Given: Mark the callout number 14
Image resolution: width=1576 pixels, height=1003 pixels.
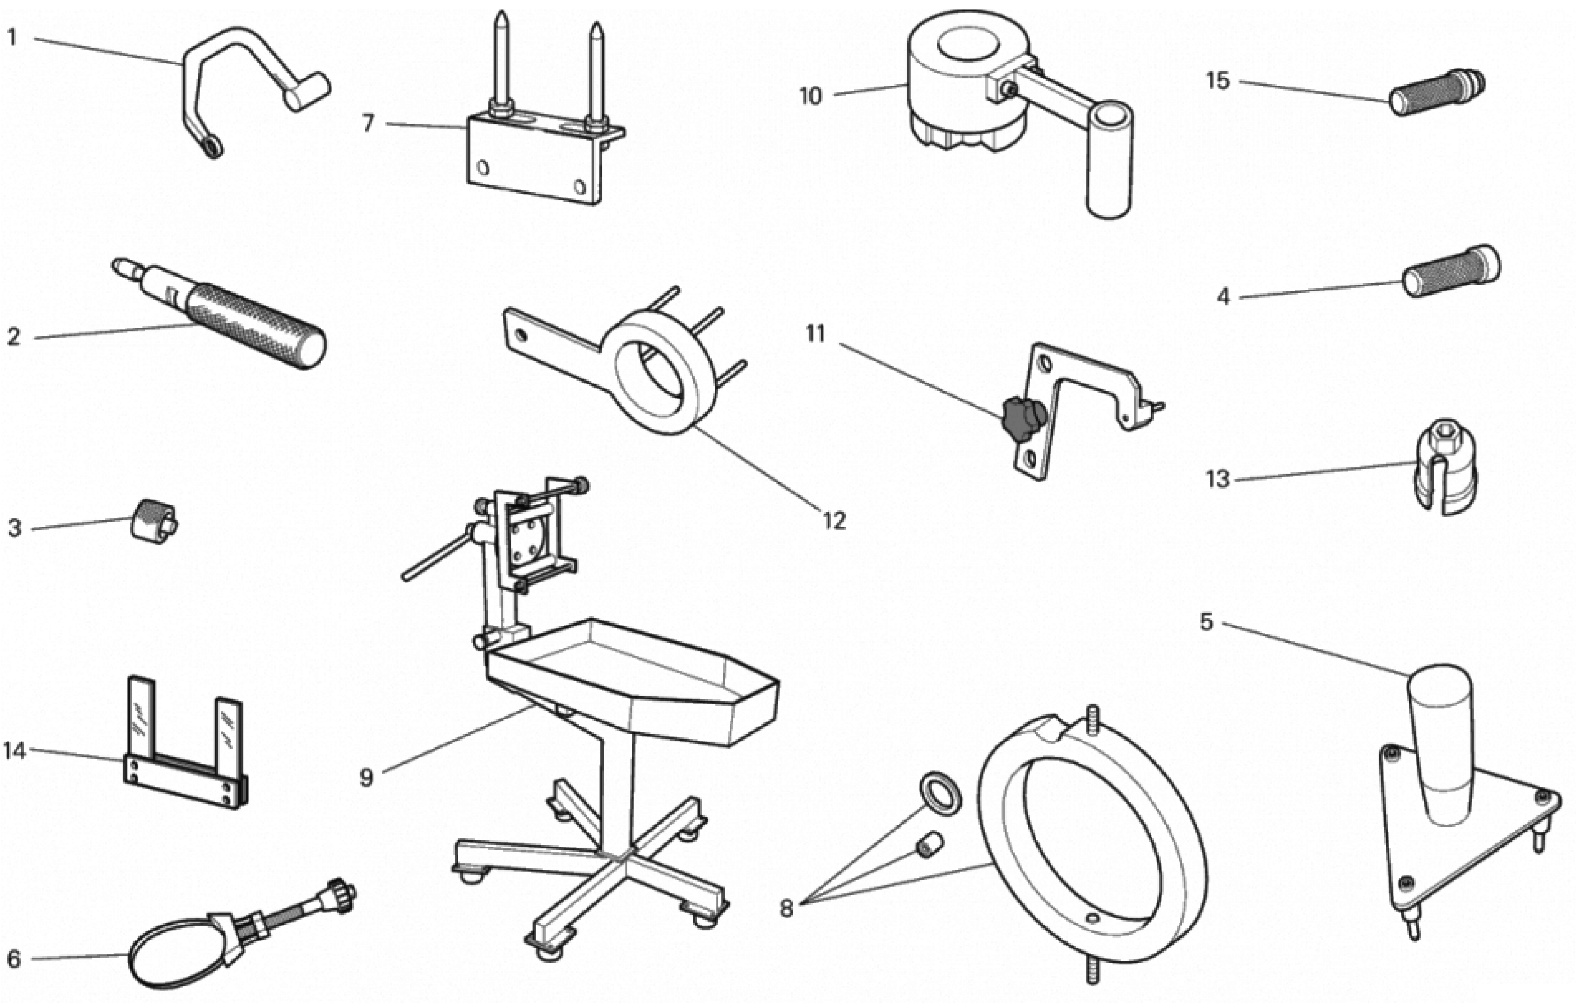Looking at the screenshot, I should click(14, 751).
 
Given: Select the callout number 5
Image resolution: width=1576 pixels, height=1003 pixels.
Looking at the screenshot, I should click(1206, 622).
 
